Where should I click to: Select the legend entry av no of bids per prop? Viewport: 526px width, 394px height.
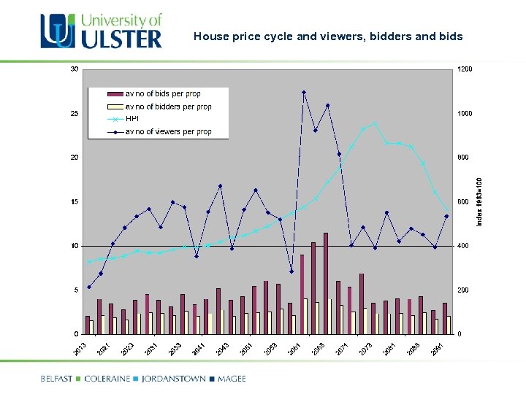pyautogui.click(x=162, y=94)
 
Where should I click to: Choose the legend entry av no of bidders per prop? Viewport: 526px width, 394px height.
pyautogui.click(x=168, y=107)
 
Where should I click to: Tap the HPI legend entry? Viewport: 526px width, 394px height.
pyautogui.click(x=132, y=119)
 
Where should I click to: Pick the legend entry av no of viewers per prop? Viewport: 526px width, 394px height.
pyautogui.click(x=168, y=132)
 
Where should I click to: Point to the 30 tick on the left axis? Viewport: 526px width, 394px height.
pyautogui.click(x=75, y=69)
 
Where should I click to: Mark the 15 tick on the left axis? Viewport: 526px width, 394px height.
pyautogui.click(x=75, y=201)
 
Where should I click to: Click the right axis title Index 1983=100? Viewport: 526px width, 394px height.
pyautogui.click(x=480, y=201)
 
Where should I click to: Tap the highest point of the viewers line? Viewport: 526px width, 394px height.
pyautogui.click(x=303, y=92)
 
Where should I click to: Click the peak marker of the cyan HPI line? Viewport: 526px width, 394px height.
pyautogui.click(x=375, y=123)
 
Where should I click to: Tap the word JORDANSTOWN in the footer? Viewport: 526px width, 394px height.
pyautogui.click(x=172, y=379)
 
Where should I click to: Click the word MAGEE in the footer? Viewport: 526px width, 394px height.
pyautogui.click(x=231, y=379)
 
